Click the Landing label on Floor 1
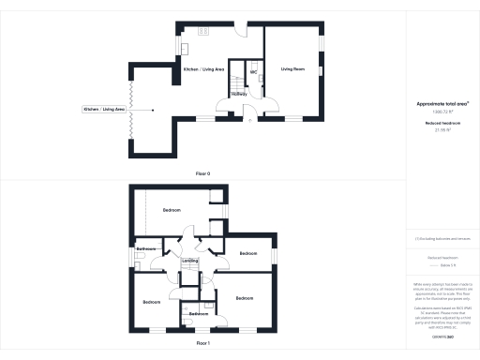point(189,261)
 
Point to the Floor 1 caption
point(202,344)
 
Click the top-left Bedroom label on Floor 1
point(172,210)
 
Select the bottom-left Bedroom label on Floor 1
point(153,302)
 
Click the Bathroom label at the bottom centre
point(198,313)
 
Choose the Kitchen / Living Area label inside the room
point(203,69)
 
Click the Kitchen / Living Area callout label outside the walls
point(105,110)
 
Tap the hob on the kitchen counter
point(185,49)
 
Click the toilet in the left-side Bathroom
point(139,255)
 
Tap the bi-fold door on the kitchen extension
point(130,110)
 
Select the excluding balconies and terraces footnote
point(441,239)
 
